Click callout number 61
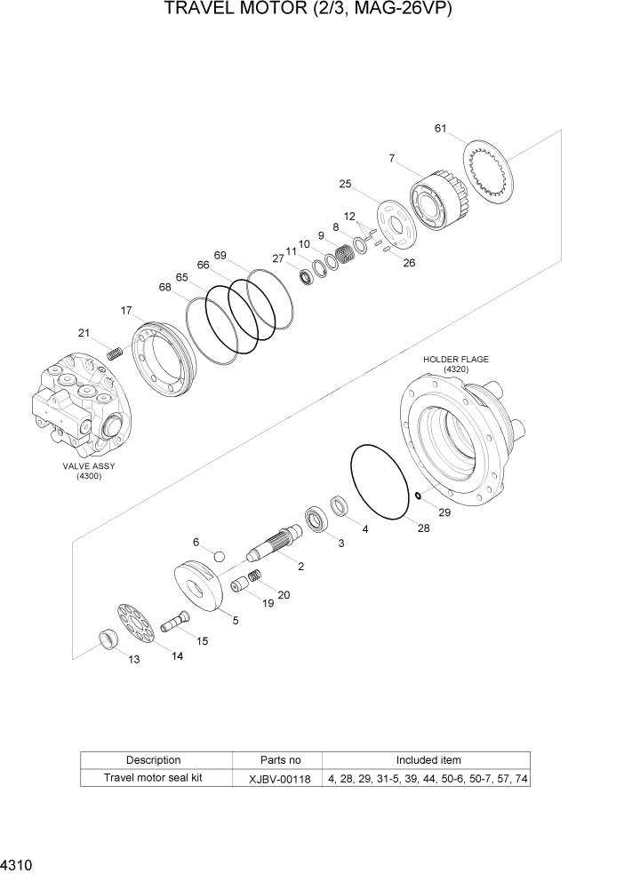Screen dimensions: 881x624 440,129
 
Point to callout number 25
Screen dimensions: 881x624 345,184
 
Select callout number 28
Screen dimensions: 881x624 423,528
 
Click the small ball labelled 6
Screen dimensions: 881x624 219,556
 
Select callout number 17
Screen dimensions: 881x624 126,311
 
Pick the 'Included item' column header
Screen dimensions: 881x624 428,760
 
